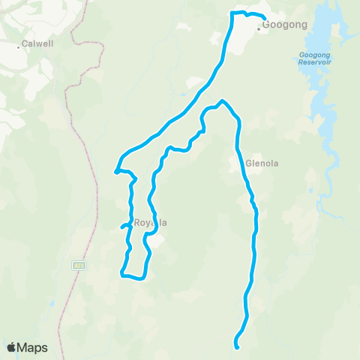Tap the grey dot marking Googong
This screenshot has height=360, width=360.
[259, 29]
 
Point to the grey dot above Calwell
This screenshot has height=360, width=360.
[19, 46]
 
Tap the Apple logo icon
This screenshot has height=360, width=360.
[12, 347]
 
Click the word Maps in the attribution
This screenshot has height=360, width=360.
[33, 347]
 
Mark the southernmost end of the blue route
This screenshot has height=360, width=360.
[237, 347]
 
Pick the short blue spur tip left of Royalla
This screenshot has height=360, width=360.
[121, 226]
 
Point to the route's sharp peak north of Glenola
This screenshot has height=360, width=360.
[222, 101]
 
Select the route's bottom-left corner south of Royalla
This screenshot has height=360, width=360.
[121, 274]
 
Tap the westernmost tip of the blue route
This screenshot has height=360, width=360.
[115, 172]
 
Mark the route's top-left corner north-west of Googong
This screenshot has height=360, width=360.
[232, 13]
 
